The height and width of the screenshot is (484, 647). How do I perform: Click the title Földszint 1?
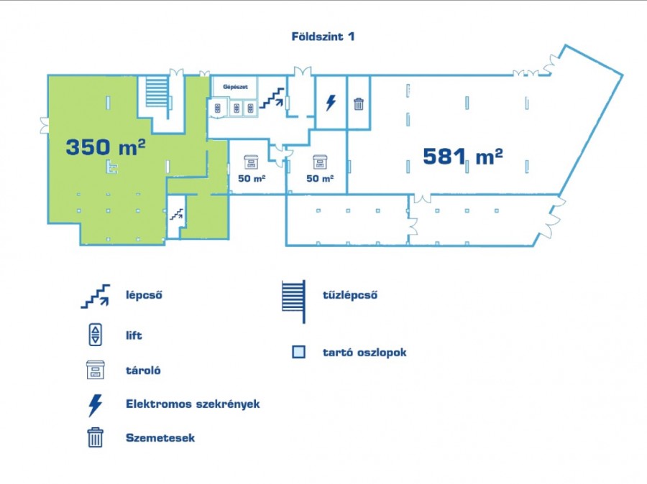pyautogui.click(x=323, y=37)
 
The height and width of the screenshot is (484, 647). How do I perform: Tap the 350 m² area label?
pyautogui.click(x=106, y=146)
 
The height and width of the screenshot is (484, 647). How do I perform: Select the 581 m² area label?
pyautogui.click(x=463, y=157)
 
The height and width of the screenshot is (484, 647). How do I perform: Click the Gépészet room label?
pyautogui.click(x=235, y=87)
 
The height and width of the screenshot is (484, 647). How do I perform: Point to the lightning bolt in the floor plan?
pyautogui.click(x=331, y=103)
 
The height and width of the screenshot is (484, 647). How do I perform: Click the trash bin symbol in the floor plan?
pyautogui.click(x=359, y=104)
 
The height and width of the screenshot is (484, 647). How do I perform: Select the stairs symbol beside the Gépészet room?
pyautogui.click(x=272, y=98)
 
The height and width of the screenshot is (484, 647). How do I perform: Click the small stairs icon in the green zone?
pyautogui.click(x=177, y=215)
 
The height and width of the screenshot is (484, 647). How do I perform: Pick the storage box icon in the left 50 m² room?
pyautogui.click(x=251, y=162)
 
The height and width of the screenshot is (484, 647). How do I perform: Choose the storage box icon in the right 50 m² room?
pyautogui.click(x=320, y=162)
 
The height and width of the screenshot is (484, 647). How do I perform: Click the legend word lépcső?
pyautogui.click(x=144, y=295)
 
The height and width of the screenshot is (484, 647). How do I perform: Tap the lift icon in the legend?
pyautogui.click(x=96, y=335)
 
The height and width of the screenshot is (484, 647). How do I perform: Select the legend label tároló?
pyautogui.click(x=143, y=371)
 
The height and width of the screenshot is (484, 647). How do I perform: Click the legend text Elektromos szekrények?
pyautogui.click(x=193, y=404)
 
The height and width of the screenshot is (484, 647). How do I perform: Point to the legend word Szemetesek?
pyautogui.click(x=160, y=438)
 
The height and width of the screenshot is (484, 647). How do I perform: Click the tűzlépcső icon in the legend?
pyautogui.click(x=294, y=302)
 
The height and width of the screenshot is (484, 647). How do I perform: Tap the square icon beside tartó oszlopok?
pyautogui.click(x=299, y=352)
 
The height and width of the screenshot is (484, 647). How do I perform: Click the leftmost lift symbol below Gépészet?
pyautogui.click(x=217, y=108)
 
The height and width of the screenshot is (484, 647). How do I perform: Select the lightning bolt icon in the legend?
pyautogui.click(x=96, y=405)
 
